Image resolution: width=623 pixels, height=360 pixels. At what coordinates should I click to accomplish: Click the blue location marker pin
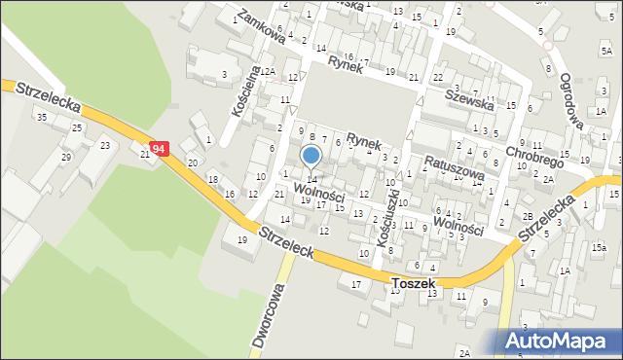311,157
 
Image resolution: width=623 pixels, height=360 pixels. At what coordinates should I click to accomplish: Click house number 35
40,118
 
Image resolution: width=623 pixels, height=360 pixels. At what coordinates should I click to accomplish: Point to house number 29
66,157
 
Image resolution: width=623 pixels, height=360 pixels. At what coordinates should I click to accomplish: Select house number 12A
267,72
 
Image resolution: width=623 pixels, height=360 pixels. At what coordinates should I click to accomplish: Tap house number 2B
527,216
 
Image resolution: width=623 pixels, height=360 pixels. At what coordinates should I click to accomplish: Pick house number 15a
597,249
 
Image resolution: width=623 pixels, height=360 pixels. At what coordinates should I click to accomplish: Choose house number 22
438,77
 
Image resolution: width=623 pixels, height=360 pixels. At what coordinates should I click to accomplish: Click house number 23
104,146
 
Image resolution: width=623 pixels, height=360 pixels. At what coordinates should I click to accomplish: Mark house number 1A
564,271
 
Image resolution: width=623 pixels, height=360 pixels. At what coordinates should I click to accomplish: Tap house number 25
76,128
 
